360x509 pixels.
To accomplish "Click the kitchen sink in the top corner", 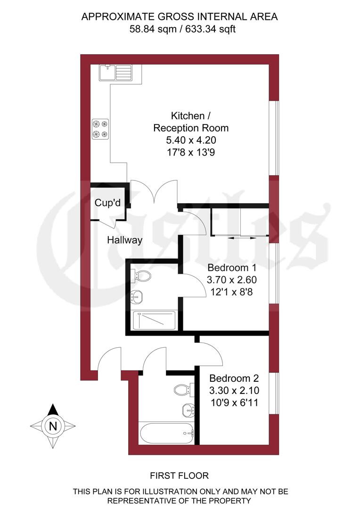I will (116, 73).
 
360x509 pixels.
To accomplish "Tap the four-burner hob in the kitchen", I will (100, 129).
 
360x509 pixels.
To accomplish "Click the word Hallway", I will (124, 240).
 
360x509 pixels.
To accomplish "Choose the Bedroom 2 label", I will (234, 378).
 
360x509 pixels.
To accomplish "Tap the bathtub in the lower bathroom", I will (167, 432).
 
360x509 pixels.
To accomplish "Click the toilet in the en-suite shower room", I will (142, 276).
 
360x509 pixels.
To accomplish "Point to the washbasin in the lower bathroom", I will (188, 410).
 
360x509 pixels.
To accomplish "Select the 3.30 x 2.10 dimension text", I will (234, 390).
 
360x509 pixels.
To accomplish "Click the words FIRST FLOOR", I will (179, 476).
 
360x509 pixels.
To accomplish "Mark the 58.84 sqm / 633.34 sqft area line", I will (180, 29).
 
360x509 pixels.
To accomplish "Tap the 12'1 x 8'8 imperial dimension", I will (232, 292).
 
